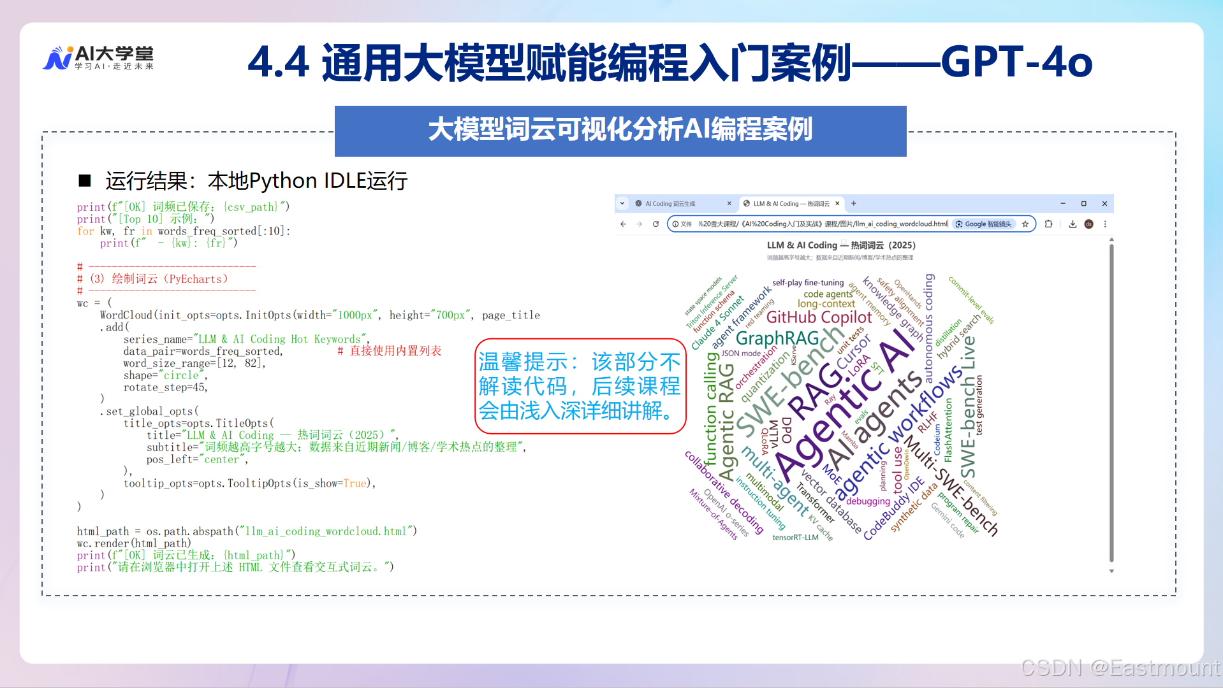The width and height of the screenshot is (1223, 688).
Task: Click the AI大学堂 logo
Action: (99, 58)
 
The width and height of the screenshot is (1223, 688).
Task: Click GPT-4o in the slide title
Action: (1016, 62)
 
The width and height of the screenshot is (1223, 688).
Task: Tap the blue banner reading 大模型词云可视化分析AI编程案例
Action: (620, 131)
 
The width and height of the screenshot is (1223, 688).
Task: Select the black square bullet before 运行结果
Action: (85, 181)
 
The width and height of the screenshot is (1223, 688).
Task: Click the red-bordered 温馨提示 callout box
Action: (580, 386)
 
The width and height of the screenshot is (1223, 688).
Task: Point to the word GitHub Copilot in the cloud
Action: (819, 317)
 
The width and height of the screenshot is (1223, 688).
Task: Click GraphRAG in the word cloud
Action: (777, 338)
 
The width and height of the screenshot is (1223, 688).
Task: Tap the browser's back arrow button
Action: (623, 224)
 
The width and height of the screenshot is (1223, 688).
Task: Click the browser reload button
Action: (655, 224)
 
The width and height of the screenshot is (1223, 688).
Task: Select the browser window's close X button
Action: (1104, 204)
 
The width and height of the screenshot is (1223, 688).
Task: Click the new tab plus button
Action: (854, 204)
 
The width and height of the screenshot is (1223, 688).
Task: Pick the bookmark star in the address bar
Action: (1025, 224)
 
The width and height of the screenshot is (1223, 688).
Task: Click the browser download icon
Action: (1073, 224)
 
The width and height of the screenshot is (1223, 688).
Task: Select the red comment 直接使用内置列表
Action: (390, 351)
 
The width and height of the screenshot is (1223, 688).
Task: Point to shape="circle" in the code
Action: (165, 375)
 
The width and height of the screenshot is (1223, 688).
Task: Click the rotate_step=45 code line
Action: (165, 387)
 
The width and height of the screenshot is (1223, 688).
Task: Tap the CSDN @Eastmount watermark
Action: (1120, 668)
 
